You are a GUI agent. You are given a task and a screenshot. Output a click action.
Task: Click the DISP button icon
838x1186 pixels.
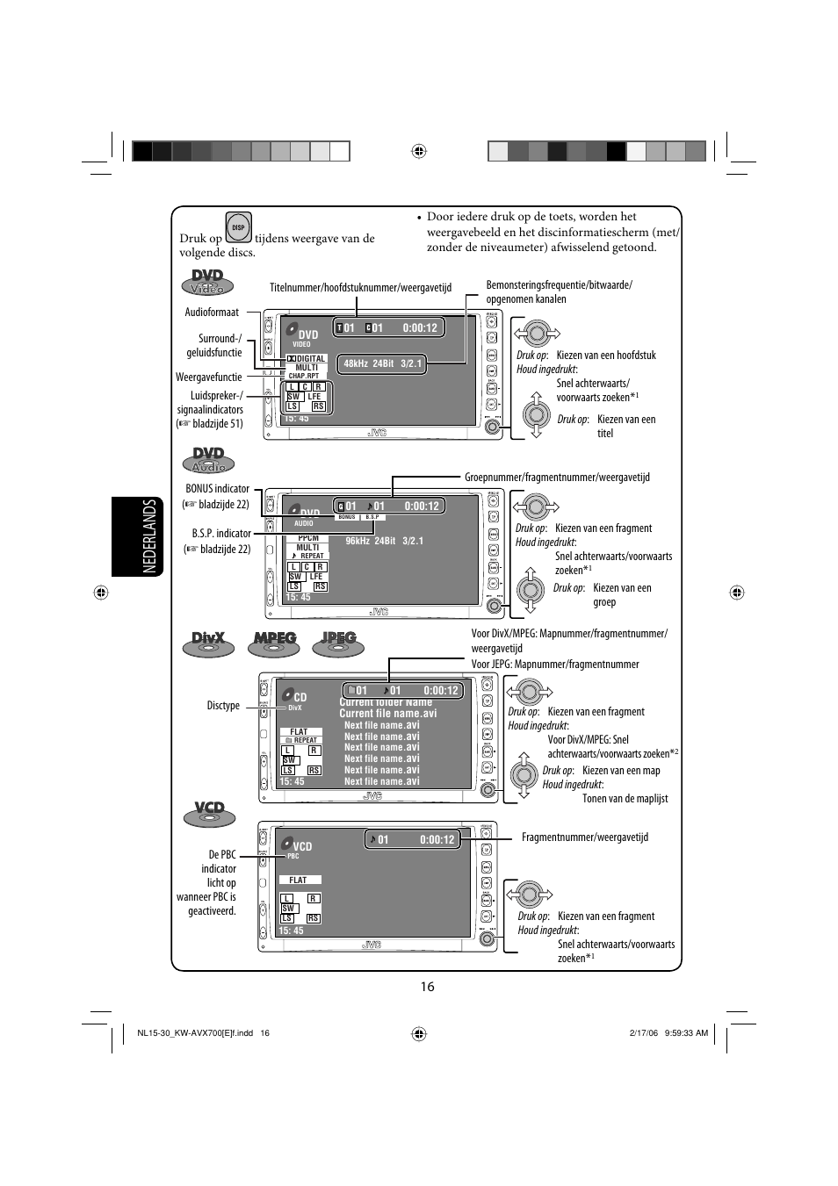(238, 227)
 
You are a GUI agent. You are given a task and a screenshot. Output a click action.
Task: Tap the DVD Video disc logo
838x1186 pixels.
(207, 282)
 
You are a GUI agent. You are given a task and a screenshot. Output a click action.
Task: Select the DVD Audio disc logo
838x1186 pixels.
(208, 459)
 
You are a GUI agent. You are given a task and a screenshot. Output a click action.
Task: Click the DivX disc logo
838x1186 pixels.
(208, 643)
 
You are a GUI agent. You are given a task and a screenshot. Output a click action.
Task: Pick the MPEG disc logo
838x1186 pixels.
(274, 643)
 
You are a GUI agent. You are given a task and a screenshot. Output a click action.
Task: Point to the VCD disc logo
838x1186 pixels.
(209, 812)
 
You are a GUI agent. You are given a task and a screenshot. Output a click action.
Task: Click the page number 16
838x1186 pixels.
(427, 986)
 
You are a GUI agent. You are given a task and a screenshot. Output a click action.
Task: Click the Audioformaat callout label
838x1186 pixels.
(212, 313)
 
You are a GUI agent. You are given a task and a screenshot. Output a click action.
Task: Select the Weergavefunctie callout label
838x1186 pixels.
(208, 377)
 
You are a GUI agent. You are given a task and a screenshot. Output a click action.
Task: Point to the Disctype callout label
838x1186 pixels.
(223, 706)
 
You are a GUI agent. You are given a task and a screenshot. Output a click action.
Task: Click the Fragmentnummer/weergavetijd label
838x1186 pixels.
(585, 837)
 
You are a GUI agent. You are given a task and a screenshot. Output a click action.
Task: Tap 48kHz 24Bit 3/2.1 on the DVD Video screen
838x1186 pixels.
(383, 363)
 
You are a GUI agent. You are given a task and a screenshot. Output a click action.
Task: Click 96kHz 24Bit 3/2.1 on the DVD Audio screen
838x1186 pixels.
(384, 541)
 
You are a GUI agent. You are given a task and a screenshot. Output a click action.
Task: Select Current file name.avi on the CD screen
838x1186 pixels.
(387, 714)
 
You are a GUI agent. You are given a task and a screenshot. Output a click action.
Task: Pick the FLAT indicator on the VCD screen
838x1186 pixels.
(299, 880)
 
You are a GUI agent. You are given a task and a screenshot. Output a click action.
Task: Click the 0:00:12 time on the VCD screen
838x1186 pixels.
(437, 840)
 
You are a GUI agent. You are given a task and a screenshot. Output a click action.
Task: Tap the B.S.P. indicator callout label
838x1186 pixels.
(221, 534)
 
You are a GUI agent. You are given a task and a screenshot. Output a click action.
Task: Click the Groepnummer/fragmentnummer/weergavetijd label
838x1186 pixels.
(557, 478)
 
